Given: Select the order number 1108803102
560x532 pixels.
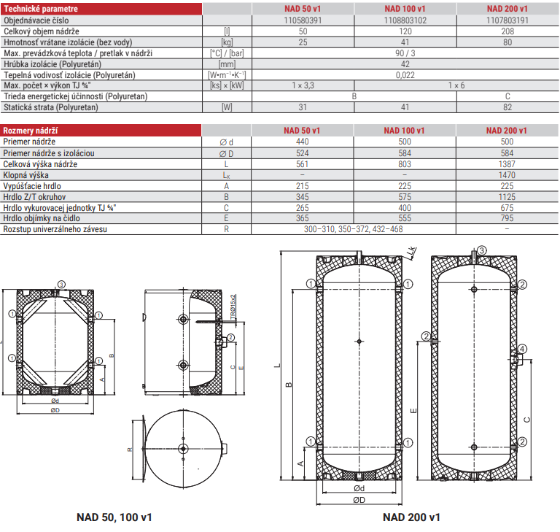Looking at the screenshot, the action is pyautogui.click(x=405, y=20).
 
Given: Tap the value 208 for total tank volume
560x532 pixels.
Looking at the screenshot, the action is pyautogui.click(x=507, y=31).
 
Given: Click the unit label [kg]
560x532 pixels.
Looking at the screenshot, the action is pyautogui.click(x=227, y=42).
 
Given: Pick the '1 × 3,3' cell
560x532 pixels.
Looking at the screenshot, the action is pyautogui.click(x=303, y=85).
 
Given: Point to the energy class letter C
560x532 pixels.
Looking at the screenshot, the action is pyautogui.click(x=507, y=96).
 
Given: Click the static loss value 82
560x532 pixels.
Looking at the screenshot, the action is pyautogui.click(x=507, y=107).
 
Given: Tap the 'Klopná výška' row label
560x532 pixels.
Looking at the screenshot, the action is pyautogui.click(x=26, y=175).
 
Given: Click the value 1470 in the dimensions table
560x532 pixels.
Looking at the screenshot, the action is pyautogui.click(x=507, y=175).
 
